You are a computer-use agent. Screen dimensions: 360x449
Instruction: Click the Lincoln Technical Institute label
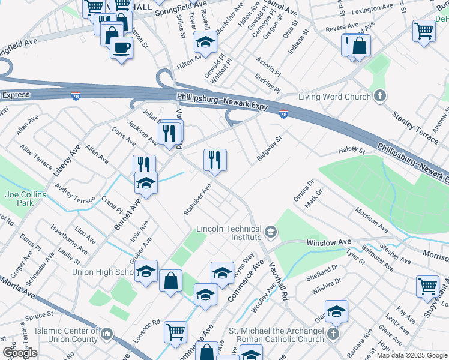[229, 233]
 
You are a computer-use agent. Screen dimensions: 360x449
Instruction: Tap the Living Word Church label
[328, 97]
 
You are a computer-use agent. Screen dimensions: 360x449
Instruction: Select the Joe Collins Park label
[17, 199]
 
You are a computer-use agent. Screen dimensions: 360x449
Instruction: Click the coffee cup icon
[121, 47]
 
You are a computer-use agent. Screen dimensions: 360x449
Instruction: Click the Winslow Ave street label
[328, 242]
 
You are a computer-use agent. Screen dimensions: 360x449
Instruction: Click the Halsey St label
[351, 149]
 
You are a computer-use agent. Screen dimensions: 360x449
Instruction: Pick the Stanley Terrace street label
[415, 127]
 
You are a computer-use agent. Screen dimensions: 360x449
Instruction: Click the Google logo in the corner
[20, 353]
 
